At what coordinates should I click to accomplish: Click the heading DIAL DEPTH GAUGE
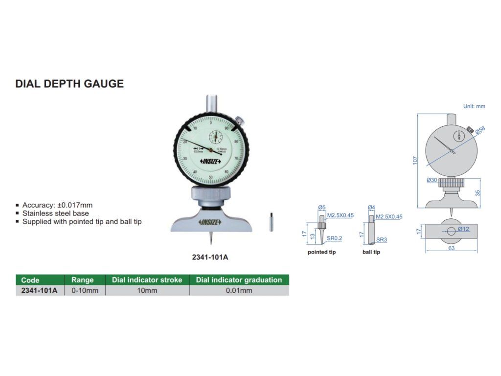click(69, 84)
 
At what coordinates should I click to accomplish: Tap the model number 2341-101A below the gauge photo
click(211, 257)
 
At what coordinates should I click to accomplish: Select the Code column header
click(30, 280)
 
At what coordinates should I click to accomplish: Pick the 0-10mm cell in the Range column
click(85, 291)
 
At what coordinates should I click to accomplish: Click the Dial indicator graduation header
click(239, 280)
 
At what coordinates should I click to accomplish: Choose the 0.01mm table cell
click(239, 291)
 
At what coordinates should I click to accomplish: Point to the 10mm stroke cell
click(147, 291)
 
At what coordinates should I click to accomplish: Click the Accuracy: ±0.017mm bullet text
click(57, 205)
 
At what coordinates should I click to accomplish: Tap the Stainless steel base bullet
click(55, 213)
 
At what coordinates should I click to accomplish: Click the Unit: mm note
click(474, 106)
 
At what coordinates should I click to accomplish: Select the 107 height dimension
click(415, 160)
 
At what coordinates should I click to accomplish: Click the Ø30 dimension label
click(432, 180)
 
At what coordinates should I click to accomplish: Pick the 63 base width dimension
click(451, 248)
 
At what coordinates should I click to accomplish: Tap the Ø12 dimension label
click(463, 229)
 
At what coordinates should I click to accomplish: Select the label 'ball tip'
click(371, 252)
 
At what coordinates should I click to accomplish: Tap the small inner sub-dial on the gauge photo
click(215, 137)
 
